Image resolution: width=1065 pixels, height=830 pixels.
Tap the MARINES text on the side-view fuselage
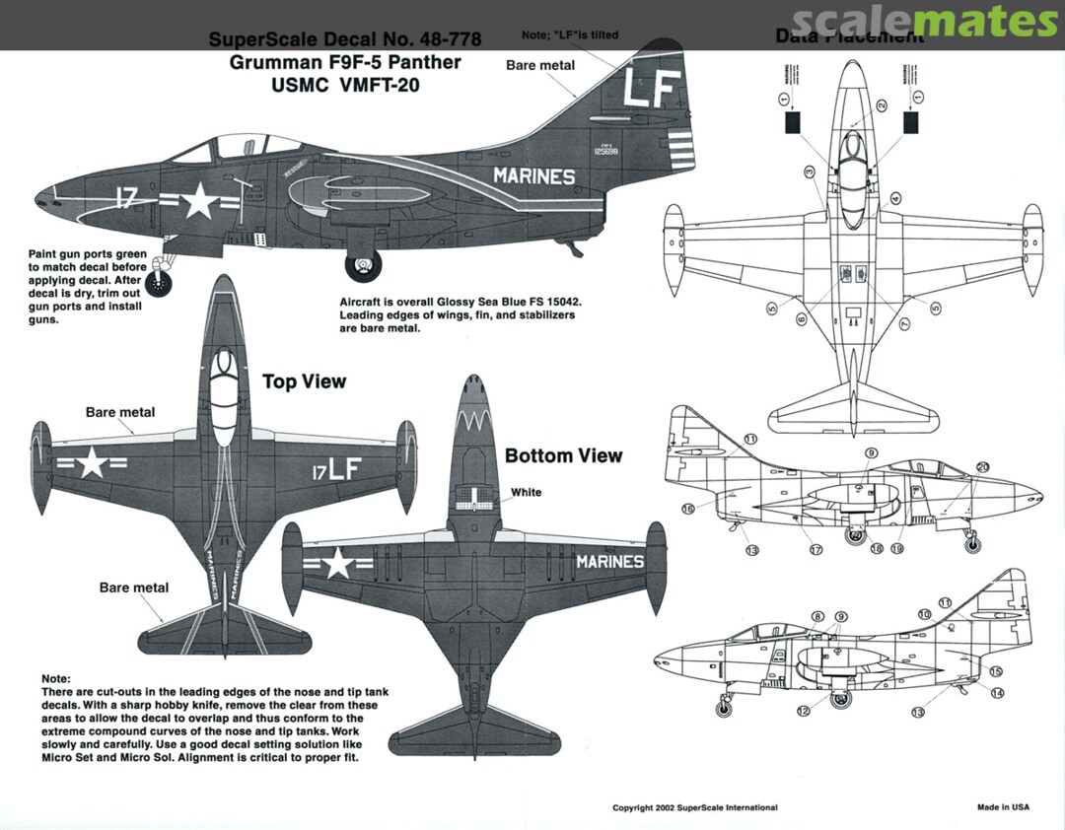click(533, 176)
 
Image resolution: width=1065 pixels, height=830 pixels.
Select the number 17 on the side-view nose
click(125, 198)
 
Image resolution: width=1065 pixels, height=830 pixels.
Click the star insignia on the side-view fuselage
click(198, 202)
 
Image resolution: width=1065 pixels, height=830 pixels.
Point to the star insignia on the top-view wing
click(92, 461)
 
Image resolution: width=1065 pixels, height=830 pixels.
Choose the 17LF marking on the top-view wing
click(337, 469)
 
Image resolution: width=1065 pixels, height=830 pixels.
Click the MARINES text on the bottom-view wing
click(609, 562)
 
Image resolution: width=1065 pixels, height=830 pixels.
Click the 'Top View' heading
click(304, 381)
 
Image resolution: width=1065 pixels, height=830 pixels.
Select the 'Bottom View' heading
click(563, 455)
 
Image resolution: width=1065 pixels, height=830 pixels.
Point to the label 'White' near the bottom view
click(526, 492)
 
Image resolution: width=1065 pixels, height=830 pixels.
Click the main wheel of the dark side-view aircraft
click(364, 265)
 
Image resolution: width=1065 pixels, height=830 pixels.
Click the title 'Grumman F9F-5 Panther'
click(344, 62)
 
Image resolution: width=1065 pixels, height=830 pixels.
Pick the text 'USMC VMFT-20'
click(344, 85)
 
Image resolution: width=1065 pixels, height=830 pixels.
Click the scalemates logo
click(923, 22)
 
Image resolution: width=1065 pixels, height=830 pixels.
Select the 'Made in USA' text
click(1003, 807)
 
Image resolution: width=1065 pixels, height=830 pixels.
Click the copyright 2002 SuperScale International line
click(694, 807)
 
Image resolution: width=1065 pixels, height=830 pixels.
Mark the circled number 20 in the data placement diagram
click(982, 467)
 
